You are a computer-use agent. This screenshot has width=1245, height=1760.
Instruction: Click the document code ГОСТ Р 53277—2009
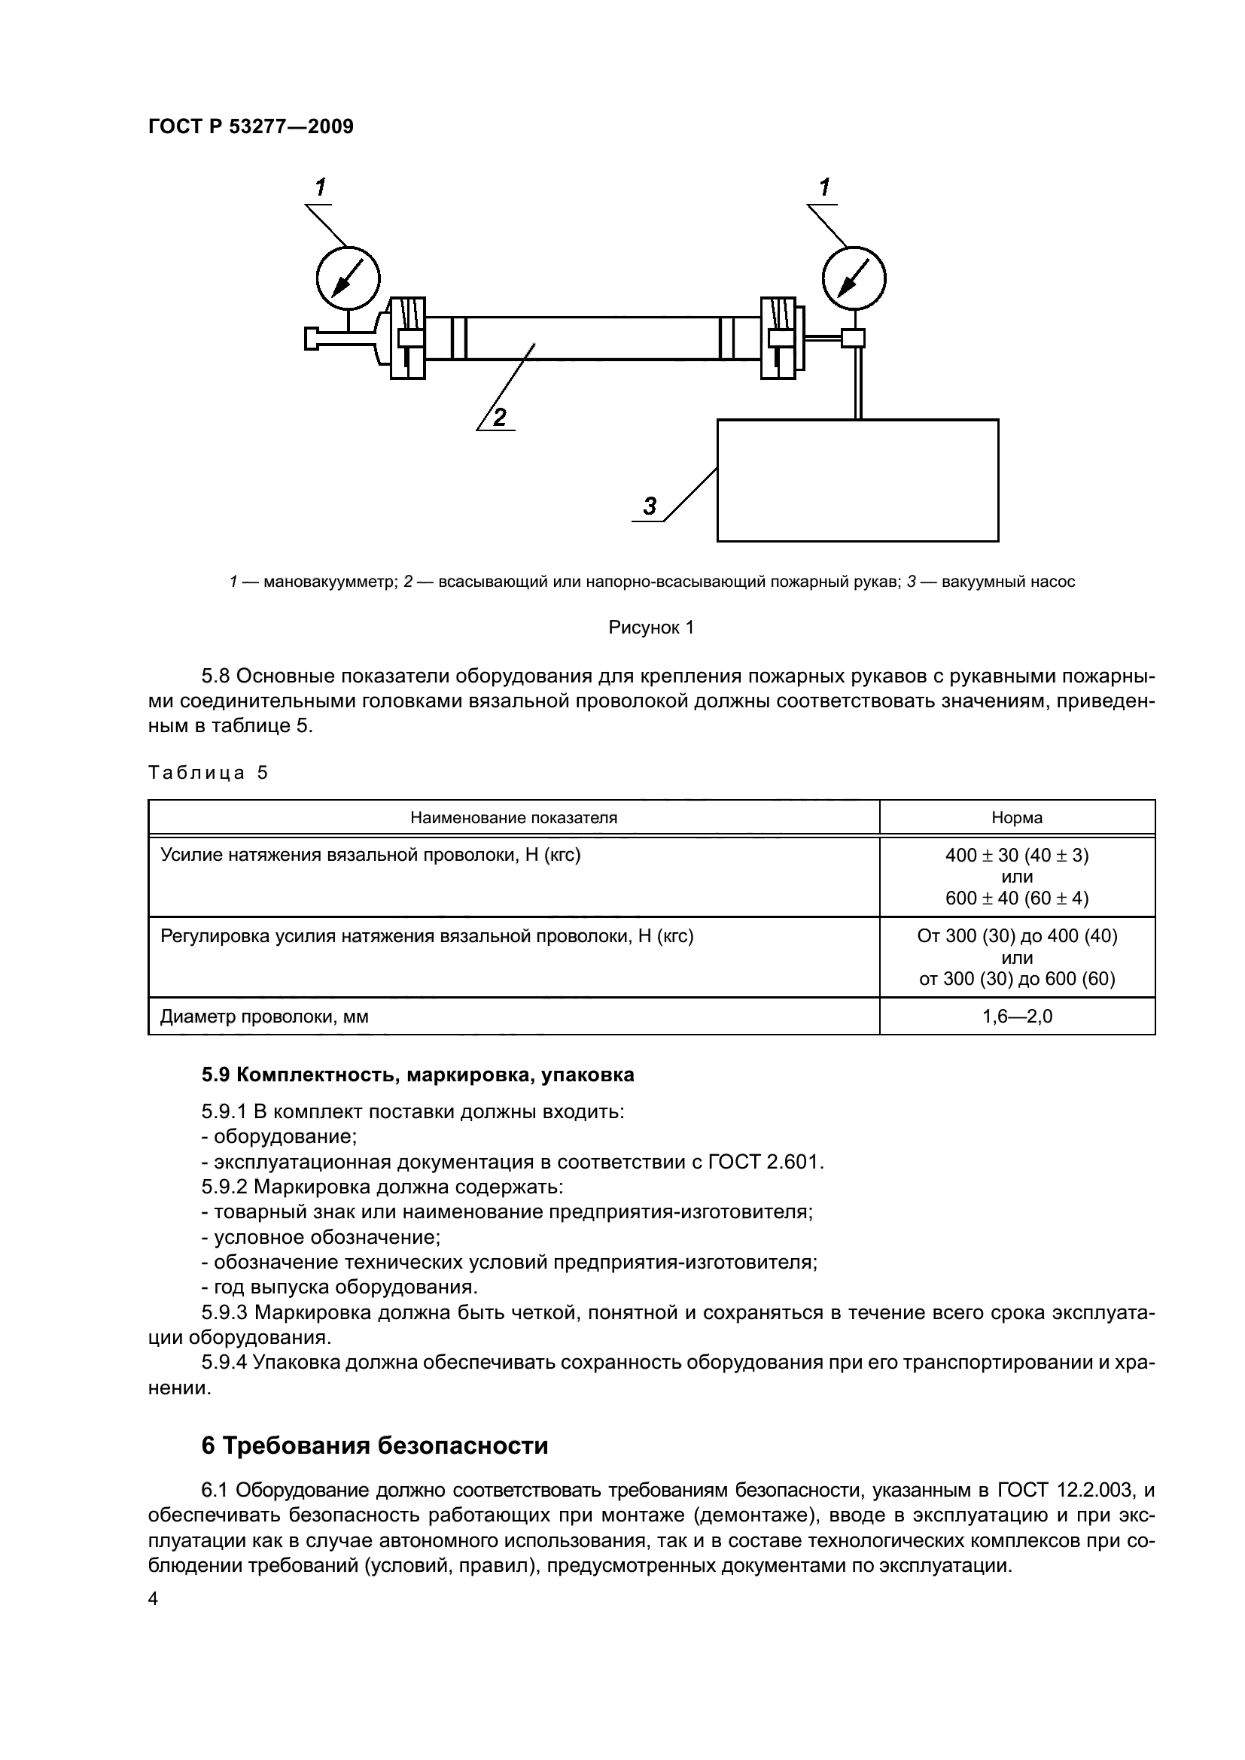(251, 127)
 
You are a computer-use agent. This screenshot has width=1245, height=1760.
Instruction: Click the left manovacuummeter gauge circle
(348, 278)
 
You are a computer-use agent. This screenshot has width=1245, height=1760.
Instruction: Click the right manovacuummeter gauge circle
(854, 278)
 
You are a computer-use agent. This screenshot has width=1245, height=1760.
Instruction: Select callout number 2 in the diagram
(499, 418)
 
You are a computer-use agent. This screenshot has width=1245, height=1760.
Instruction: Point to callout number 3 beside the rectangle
(650, 506)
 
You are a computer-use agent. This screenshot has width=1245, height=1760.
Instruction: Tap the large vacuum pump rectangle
(857, 481)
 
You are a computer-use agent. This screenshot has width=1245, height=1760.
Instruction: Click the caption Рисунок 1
(651, 628)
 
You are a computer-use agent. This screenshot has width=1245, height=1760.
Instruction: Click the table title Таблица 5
(208, 773)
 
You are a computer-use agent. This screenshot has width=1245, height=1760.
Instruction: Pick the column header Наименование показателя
(513, 818)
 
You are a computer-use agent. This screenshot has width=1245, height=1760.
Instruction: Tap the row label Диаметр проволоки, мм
(264, 1017)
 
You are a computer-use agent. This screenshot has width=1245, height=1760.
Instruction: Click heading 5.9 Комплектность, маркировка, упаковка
(418, 1075)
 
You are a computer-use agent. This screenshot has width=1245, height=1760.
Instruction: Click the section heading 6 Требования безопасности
(375, 1446)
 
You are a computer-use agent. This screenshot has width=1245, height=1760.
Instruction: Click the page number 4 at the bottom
(153, 1599)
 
